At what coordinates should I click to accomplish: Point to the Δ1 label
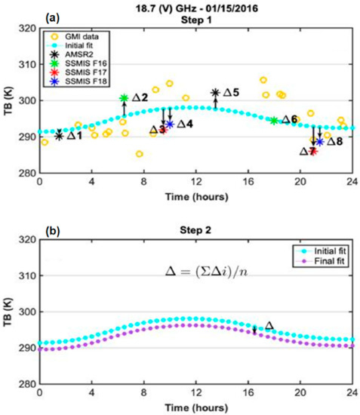click(x=74, y=136)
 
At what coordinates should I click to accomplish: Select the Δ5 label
click(x=230, y=93)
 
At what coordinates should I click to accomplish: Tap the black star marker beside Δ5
click(x=215, y=93)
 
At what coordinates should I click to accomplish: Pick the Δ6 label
click(x=289, y=120)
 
